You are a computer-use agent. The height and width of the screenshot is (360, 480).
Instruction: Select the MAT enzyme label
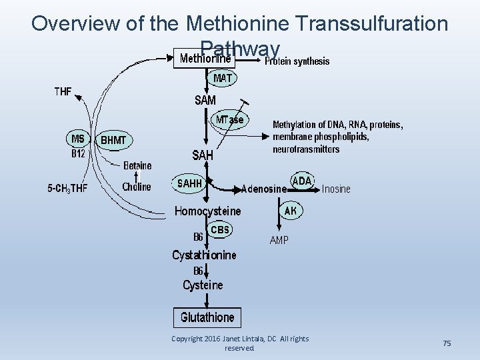click(223, 79)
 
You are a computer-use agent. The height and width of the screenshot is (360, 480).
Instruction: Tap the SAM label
click(205, 100)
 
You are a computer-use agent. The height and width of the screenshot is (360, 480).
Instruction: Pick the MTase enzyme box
click(230, 120)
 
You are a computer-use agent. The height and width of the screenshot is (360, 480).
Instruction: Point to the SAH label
click(203, 155)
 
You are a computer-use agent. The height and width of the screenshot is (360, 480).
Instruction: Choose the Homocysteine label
click(208, 211)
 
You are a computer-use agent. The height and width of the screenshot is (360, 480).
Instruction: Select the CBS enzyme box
click(220, 230)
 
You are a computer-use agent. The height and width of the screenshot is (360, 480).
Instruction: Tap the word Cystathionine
click(204, 255)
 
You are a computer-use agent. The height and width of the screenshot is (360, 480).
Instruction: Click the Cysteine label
click(203, 285)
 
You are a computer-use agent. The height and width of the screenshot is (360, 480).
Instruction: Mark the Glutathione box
click(207, 317)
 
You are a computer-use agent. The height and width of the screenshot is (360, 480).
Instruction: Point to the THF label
click(63, 91)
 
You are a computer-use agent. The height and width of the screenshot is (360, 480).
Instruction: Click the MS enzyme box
click(78, 139)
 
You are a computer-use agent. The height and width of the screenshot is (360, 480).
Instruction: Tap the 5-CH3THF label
click(67, 188)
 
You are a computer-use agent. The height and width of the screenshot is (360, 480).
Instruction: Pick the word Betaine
click(137, 165)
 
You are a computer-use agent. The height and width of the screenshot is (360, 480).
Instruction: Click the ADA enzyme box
click(302, 181)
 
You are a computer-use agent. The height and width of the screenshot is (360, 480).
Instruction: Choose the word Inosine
click(336, 189)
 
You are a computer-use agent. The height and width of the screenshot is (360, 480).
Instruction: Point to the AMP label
click(279, 240)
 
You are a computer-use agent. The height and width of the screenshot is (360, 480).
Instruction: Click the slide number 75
click(447, 343)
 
